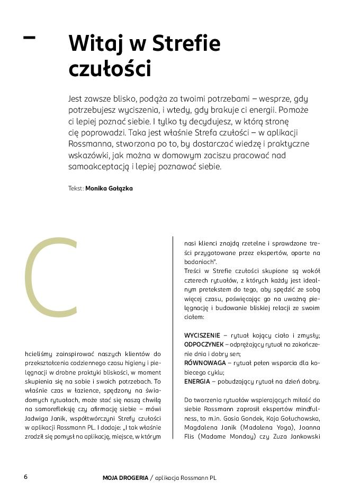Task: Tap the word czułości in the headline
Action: pyautogui.click(x=110, y=69)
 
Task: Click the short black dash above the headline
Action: pyautogui.click(x=30, y=37)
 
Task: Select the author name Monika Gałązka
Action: pyautogui.click(x=109, y=188)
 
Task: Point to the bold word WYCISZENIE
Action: pyautogui.click(x=202, y=335)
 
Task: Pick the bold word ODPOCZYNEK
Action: pyautogui.click(x=203, y=344)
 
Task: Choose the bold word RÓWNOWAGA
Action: pyautogui.click(x=204, y=363)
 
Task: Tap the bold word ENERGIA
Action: pyautogui.click(x=197, y=381)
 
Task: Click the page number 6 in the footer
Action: pyautogui.click(x=25, y=477)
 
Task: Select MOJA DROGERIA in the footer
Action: pyautogui.click(x=125, y=478)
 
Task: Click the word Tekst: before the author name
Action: pyautogui.click(x=76, y=188)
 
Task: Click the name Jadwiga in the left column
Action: pyautogui.click(x=37, y=418)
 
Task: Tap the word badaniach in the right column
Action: pyautogui.click(x=200, y=262)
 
